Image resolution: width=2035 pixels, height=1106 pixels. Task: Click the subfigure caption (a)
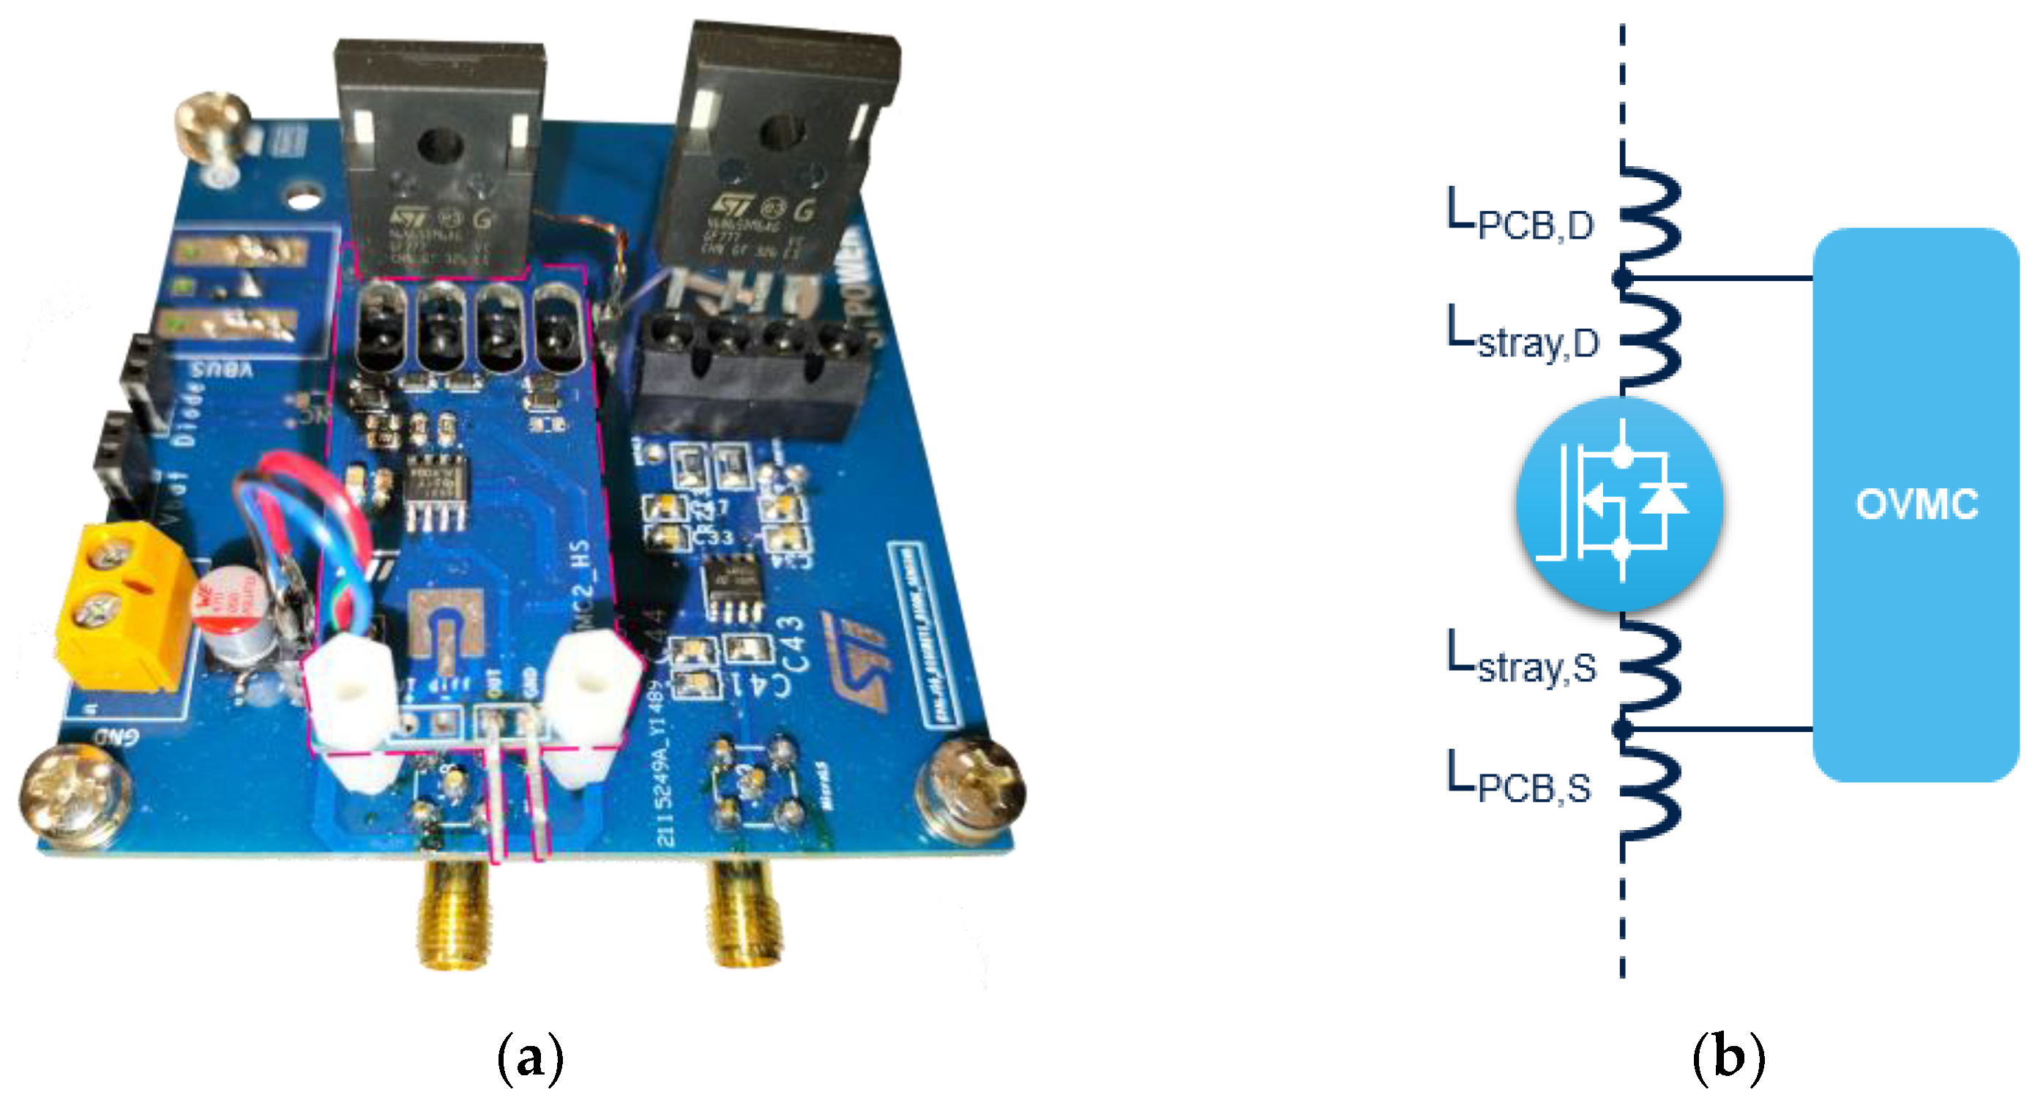click(530, 1057)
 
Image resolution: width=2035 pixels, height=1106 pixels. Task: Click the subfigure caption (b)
click(1728, 1057)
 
